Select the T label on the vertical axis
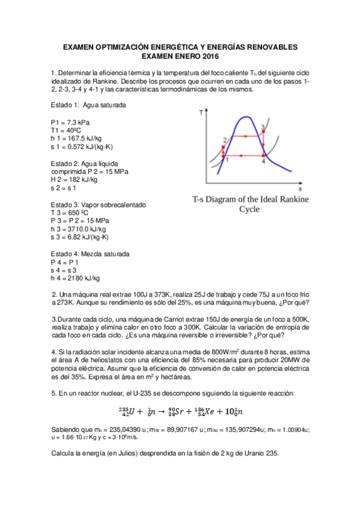point(200,112)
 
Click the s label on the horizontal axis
point(299,189)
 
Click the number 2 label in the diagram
point(224,140)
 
